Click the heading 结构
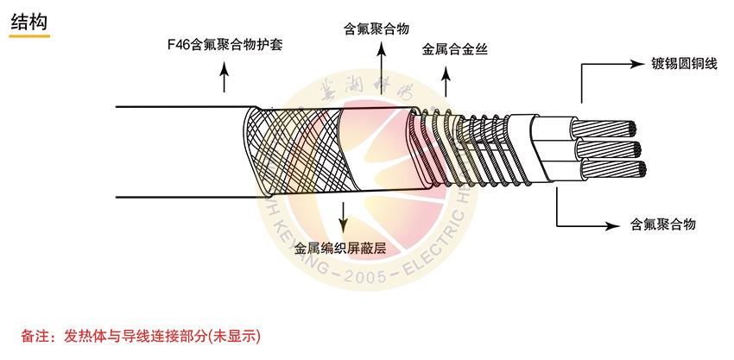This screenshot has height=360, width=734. pyautogui.click(x=29, y=22)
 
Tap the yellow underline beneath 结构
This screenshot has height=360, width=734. pyautogui.click(x=29, y=37)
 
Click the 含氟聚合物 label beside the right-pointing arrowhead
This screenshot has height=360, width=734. pyautogui.click(x=663, y=224)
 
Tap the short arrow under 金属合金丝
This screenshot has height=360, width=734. pyautogui.click(x=446, y=82)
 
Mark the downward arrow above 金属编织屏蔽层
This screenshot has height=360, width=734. pyautogui.click(x=345, y=216)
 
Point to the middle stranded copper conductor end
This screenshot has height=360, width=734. pyautogui.click(x=625, y=150)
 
